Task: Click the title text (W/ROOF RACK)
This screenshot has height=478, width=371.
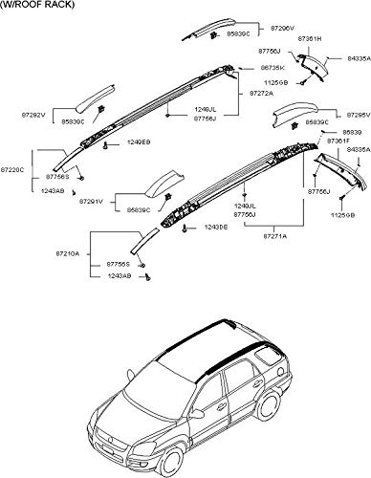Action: tap(33, 6)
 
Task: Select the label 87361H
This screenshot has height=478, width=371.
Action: tap(311, 39)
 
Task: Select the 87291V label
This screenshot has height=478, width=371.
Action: tap(91, 202)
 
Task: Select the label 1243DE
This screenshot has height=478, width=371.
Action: tap(212, 227)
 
